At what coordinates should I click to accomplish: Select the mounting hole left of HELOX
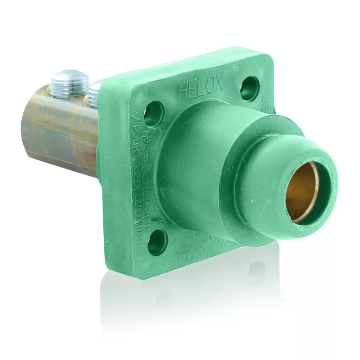click(x=154, y=114)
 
